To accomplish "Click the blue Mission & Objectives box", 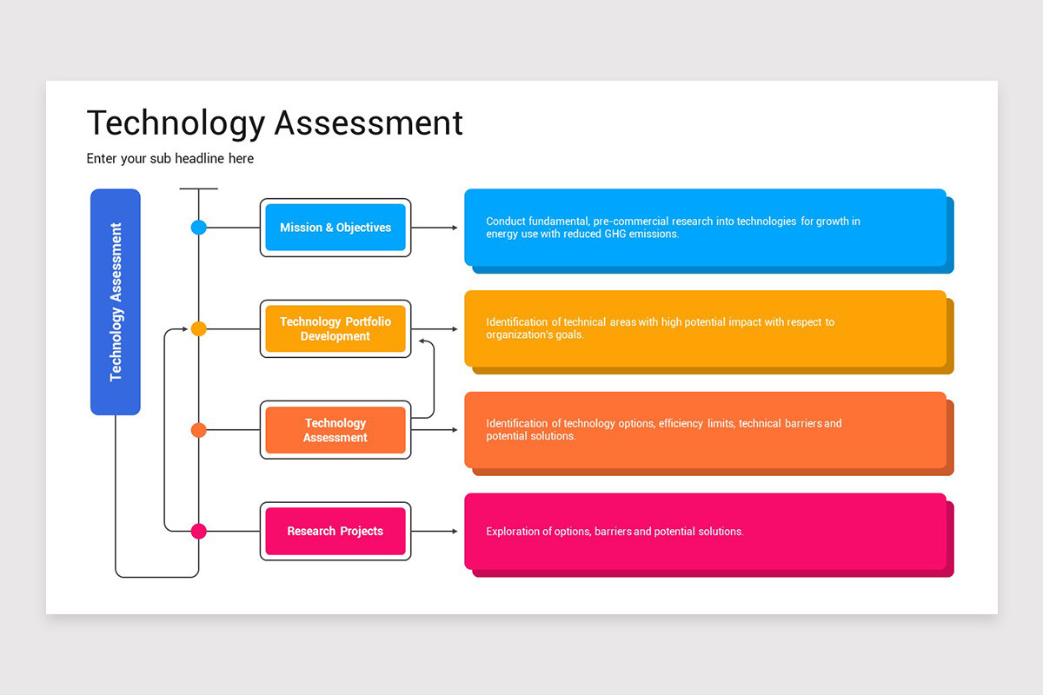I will click(x=335, y=228).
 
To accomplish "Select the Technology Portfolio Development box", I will click(x=335, y=328).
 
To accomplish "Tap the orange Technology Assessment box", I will click(x=335, y=430).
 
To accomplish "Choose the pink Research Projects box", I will click(x=335, y=531).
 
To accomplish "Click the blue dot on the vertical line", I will click(x=199, y=228).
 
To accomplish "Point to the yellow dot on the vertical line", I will click(x=199, y=329).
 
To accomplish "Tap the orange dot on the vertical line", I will click(x=199, y=430).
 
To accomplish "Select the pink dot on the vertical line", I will click(x=199, y=531).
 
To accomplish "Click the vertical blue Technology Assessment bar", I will click(x=116, y=301).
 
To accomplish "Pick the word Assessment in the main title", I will click(x=369, y=123).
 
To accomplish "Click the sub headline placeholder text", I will click(x=170, y=159).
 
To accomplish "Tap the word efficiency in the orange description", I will click(x=681, y=424).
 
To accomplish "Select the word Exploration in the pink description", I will click(x=514, y=532).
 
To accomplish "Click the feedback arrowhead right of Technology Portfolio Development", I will click(x=423, y=341).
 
